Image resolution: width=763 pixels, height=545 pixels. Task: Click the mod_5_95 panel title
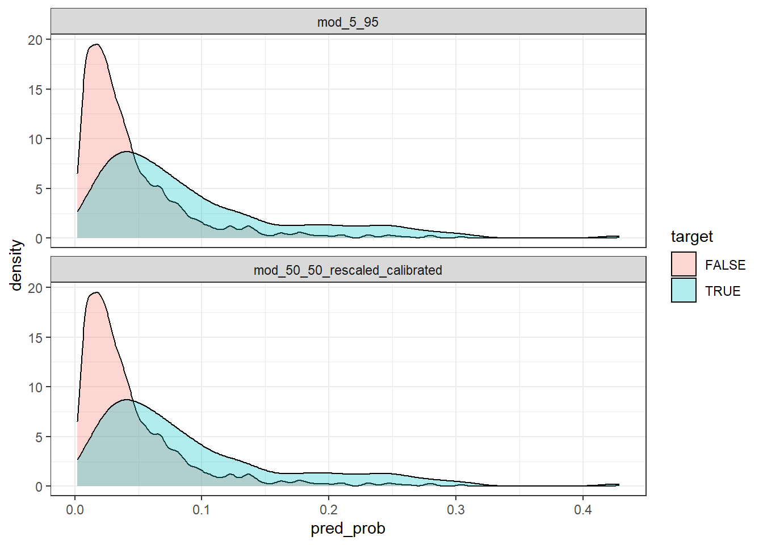tap(347, 22)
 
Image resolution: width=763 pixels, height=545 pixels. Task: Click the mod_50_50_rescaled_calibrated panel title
tap(347, 270)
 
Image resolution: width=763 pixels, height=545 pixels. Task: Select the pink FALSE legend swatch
tap(684, 265)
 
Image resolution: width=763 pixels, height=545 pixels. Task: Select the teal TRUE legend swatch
tap(684, 290)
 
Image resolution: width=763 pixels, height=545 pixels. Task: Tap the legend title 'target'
tap(691, 237)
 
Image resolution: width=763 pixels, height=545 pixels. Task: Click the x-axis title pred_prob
tap(347, 529)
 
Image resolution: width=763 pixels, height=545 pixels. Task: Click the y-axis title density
tap(16, 265)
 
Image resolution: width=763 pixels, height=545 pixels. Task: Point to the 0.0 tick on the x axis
tap(74, 510)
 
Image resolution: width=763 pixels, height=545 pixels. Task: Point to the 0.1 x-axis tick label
tap(201, 510)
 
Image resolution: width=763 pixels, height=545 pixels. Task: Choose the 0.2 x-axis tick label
tap(328, 510)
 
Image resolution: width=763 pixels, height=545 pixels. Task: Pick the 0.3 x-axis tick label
tap(455, 510)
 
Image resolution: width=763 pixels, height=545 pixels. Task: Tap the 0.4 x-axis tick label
tap(582, 510)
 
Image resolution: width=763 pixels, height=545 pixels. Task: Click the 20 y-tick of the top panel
tap(35, 40)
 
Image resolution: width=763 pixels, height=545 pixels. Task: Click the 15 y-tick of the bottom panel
tap(35, 338)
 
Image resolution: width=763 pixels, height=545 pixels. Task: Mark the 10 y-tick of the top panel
tap(35, 139)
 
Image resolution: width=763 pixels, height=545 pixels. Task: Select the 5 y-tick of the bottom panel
tap(39, 437)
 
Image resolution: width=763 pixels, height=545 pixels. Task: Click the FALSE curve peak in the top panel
tap(97, 44)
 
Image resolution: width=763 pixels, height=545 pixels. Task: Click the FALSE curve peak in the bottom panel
tap(97, 292)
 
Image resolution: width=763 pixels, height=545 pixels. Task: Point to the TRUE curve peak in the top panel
tap(126, 152)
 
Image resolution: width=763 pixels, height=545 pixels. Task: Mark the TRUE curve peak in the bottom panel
tap(126, 400)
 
